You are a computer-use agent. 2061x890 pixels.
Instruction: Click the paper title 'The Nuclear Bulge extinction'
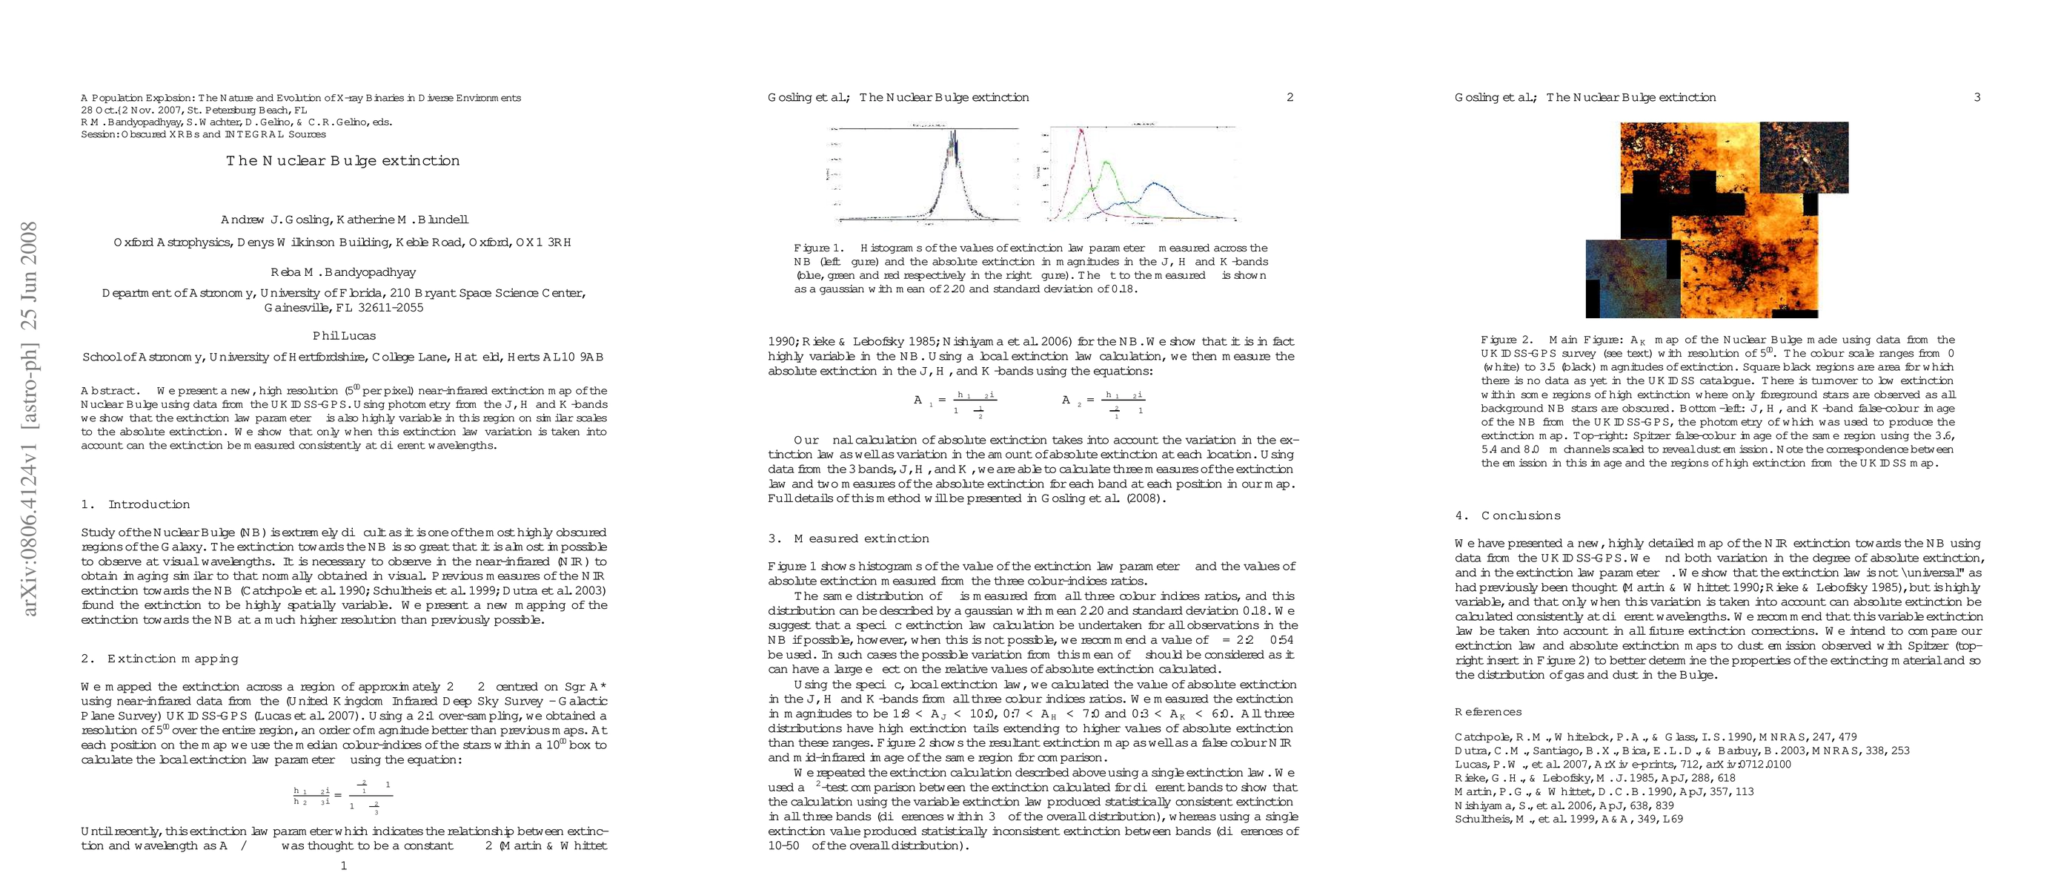342,161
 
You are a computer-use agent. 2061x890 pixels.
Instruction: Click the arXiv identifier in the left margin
29,419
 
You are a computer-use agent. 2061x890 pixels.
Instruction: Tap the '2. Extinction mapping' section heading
159,659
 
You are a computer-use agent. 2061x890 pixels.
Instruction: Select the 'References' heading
1488,711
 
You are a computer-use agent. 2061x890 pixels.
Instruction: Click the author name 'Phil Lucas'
344,336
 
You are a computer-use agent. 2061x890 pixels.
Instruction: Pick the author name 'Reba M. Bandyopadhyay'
343,272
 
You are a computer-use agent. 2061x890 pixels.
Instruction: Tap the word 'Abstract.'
109,391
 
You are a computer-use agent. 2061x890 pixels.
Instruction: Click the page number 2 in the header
1290,98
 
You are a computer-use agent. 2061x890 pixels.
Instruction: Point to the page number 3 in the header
1977,98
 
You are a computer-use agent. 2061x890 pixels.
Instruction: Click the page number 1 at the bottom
344,866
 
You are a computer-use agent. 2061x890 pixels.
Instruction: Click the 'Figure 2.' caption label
1507,340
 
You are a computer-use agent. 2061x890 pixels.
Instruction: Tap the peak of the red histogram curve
1081,132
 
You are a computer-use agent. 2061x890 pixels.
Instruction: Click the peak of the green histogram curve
1107,163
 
